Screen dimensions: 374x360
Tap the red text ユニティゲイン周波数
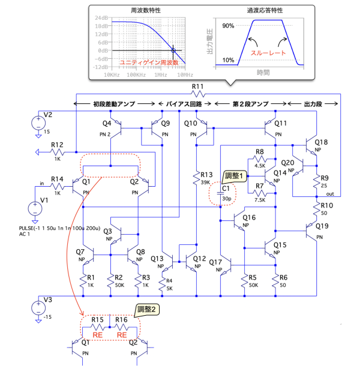[143, 62]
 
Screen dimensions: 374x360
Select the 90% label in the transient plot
[227, 26]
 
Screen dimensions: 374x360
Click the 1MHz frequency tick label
[161, 75]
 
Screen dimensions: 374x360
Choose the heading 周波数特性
[142, 10]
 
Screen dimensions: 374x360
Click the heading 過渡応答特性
[262, 10]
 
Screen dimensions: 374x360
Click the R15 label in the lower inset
[98, 320]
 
